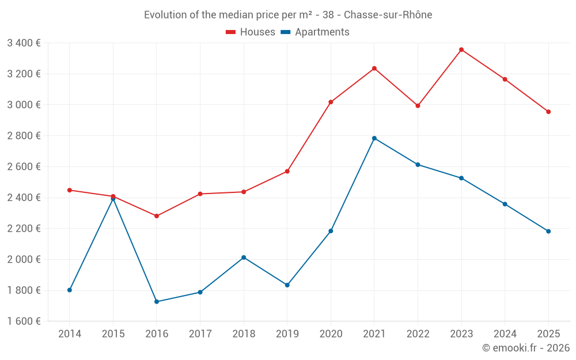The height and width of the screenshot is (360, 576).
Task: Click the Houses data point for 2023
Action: pyautogui.click(x=461, y=50)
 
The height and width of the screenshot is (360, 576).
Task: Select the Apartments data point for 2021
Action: pyautogui.click(x=374, y=138)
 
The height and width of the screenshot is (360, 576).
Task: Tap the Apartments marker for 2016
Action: pyautogui.click(x=157, y=302)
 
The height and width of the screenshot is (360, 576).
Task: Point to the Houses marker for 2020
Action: pyautogui.click(x=331, y=102)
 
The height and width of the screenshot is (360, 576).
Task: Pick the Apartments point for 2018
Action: pyautogui.click(x=244, y=257)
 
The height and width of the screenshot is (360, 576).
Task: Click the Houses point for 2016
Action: pyautogui.click(x=157, y=216)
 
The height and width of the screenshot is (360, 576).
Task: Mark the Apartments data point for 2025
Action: pyautogui.click(x=548, y=232)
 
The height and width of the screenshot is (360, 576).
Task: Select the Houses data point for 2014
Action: pyautogui.click(x=70, y=190)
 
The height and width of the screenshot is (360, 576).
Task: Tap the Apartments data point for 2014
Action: pyautogui.click(x=70, y=290)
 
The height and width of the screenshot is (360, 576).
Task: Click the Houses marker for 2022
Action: pyautogui.click(x=418, y=106)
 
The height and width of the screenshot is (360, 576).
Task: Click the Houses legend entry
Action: pyautogui.click(x=251, y=32)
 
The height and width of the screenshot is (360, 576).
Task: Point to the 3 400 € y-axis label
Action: pyautogui.click(x=24, y=43)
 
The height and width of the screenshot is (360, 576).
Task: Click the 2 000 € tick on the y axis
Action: pyautogui.click(x=24, y=259)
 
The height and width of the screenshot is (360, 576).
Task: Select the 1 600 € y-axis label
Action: pyautogui.click(x=24, y=321)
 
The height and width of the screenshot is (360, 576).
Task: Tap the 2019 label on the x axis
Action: pyautogui.click(x=287, y=334)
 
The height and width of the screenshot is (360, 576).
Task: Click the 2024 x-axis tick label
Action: pyautogui.click(x=505, y=334)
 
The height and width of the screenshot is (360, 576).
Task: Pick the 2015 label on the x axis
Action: pyautogui.click(x=113, y=334)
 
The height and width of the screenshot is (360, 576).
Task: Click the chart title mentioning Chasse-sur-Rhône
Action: pyautogui.click(x=288, y=15)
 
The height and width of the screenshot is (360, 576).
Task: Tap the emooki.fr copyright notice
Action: pyautogui.click(x=526, y=348)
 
